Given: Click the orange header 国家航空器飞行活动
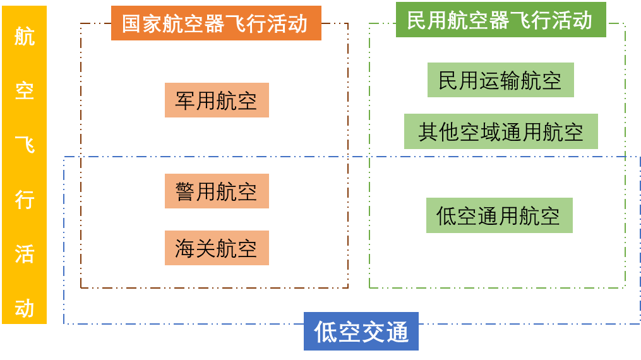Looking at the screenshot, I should point(216,23).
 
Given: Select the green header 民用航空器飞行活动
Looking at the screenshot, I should point(500,20).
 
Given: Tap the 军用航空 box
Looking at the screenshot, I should point(217,100).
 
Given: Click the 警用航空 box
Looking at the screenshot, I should point(217,191).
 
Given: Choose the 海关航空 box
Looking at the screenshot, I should point(217,248).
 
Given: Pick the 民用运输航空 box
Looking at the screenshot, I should point(500,80).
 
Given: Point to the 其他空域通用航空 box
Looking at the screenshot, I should point(500,132).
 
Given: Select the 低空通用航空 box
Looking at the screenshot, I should point(499,216).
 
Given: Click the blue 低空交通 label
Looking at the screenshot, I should point(361,332).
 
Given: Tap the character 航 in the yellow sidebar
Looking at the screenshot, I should point(25,37).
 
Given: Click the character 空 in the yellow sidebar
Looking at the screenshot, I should point(25,91).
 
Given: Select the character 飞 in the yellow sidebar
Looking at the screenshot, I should point(25,145).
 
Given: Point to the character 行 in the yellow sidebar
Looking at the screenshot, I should point(25,200).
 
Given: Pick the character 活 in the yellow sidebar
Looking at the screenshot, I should point(25,254).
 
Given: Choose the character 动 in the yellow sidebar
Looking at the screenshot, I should point(25,308).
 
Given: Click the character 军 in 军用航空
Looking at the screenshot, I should point(185,100).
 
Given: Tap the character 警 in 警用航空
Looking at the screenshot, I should point(185,191).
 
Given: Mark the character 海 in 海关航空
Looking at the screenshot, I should point(185,248).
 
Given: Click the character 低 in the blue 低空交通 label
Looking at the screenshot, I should point(325,332).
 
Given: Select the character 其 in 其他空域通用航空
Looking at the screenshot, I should point(428,132).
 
